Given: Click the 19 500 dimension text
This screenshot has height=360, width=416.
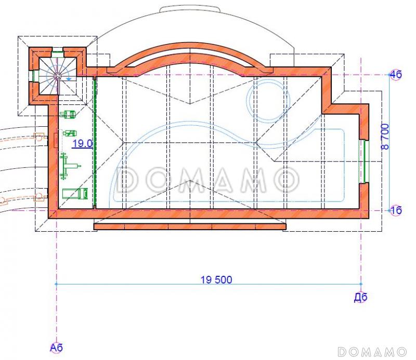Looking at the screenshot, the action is coord(216,279).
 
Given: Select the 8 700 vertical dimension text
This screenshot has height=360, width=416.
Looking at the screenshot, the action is coord(385,137).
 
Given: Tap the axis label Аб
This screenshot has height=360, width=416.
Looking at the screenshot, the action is coord(56,348).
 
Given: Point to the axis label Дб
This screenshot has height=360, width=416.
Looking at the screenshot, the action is coord(361,297).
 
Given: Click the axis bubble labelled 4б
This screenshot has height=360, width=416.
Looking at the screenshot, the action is coord(396,74).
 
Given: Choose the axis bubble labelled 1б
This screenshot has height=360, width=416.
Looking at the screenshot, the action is coord(396,210).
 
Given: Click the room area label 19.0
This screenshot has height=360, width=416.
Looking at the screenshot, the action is coord(83,144).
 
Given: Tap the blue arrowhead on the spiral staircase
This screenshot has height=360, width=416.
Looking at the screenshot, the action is coord(69,79).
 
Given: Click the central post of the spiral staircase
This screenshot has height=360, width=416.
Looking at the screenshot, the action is coord(57,76).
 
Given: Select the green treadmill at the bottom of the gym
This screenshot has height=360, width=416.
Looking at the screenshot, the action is coord(75,194).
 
